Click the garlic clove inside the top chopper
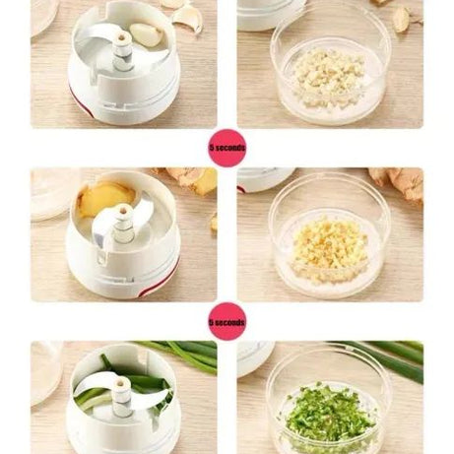[146, 35]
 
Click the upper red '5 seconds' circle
[227, 147]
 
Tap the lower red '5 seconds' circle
[227, 321]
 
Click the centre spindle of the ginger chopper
[123, 219]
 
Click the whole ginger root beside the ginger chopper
[191, 179]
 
